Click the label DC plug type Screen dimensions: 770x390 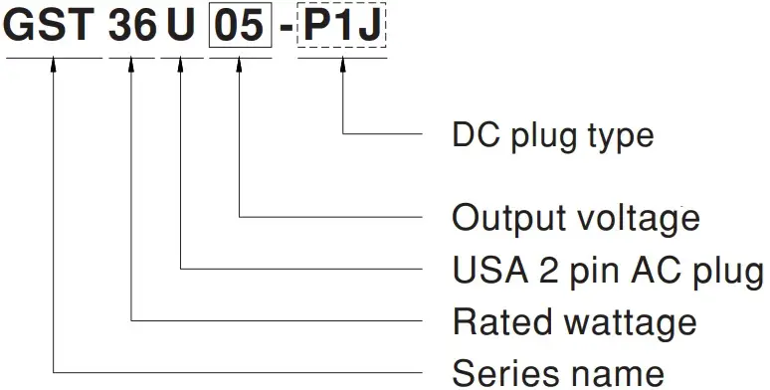pos(552,133)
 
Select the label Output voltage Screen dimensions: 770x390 pos(576,217)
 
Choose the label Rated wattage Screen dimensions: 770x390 pos(574,321)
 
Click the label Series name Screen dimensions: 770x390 pos(558,373)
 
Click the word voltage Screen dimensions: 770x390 pos(642,217)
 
